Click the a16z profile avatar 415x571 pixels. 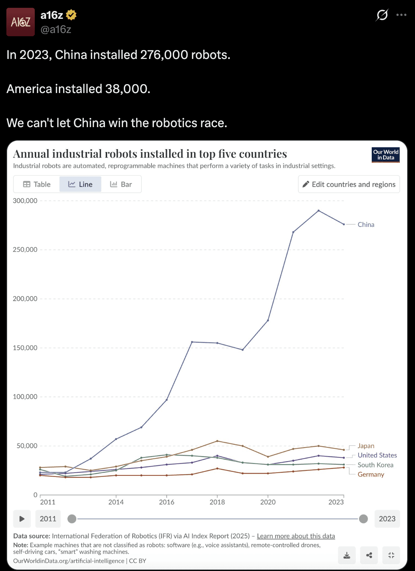coord(21,22)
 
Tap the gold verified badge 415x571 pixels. coord(71,15)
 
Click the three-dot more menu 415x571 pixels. coord(401,15)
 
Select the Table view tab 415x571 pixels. coord(37,184)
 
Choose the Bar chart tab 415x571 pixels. coord(121,184)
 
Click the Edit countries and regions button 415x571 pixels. coord(349,184)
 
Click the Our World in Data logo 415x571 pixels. coord(386,155)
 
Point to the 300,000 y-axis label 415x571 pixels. coord(25,201)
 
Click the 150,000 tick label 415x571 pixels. coord(25,348)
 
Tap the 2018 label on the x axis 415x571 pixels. coord(217,502)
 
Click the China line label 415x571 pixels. coord(366,224)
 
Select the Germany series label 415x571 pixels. coord(371,474)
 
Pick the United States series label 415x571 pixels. coord(377,455)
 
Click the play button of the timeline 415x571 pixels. coord(22,519)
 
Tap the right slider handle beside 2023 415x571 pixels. coord(363,519)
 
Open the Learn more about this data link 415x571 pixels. coord(296,536)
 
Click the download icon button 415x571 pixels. coord(347,555)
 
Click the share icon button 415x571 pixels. coord(369,555)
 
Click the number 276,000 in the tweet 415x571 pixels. coord(164,55)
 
